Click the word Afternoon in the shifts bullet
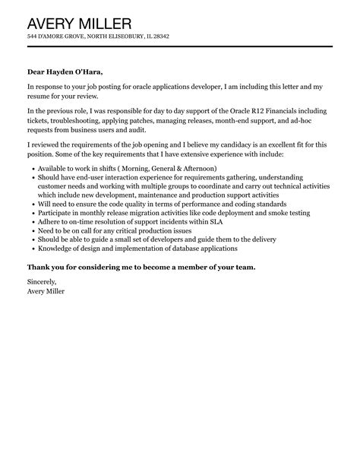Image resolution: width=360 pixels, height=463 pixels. [216, 167]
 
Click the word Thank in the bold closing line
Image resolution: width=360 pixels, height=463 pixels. [40, 267]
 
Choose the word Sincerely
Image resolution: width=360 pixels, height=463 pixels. [44, 281]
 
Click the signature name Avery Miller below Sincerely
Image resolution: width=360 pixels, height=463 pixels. [46, 290]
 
